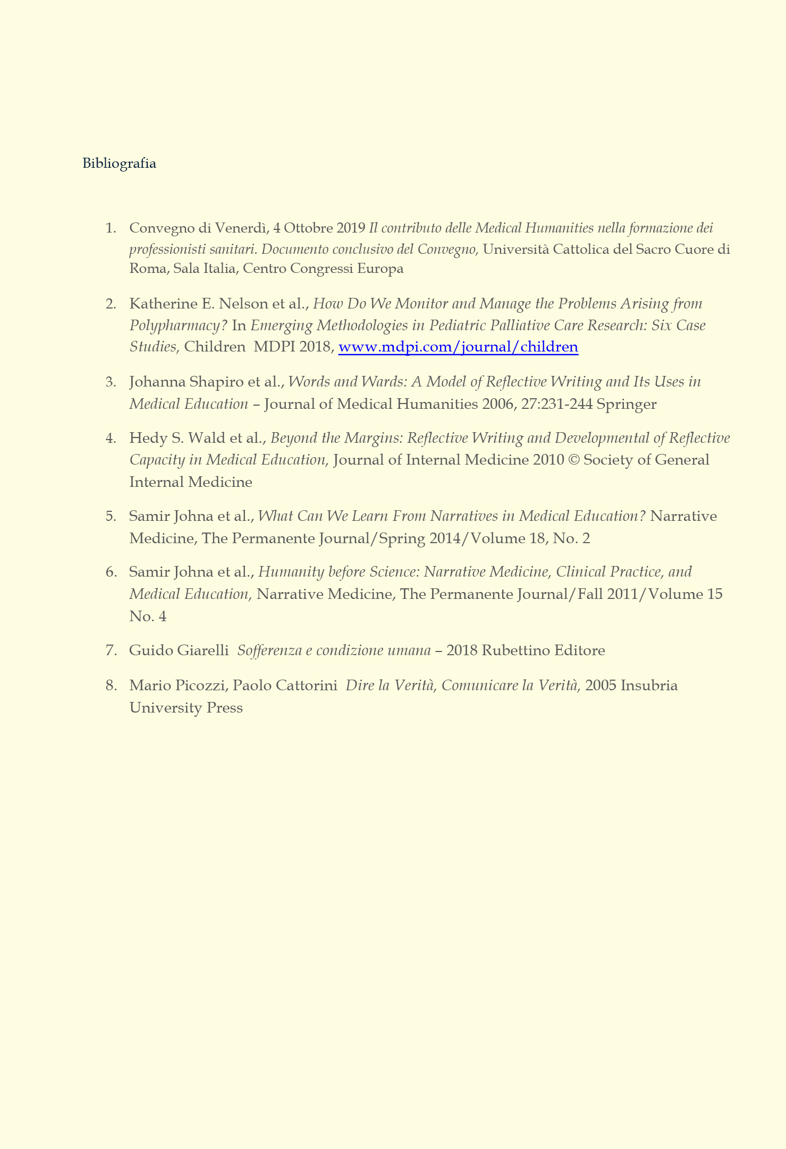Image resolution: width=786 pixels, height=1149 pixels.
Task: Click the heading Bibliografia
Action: [119, 164]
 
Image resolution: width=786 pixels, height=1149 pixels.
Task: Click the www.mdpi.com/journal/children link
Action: [458, 347]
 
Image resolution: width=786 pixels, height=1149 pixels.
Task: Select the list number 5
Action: [111, 516]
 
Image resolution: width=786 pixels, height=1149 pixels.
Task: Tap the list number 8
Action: [111, 685]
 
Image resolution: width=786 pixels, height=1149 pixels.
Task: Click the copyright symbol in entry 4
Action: [574, 460]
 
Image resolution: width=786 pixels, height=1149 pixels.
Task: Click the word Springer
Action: [627, 404]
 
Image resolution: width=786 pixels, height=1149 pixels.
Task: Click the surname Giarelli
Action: [202, 650]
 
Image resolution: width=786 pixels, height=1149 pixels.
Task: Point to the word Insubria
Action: [649, 685]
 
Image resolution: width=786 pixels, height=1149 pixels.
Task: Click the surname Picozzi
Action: [202, 685]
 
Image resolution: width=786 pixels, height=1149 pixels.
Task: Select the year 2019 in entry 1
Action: [351, 228]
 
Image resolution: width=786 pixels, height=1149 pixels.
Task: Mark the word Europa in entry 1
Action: [380, 269]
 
